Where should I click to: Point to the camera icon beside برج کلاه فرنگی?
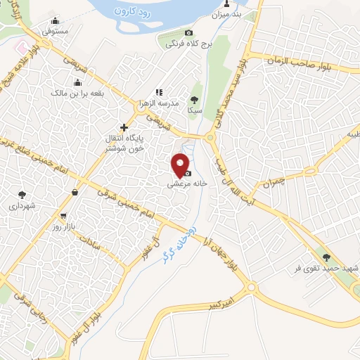tap(188, 33)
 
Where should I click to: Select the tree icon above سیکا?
tap(195, 99)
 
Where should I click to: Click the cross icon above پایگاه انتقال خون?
tap(124, 127)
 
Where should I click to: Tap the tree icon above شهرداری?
tap(22, 194)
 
